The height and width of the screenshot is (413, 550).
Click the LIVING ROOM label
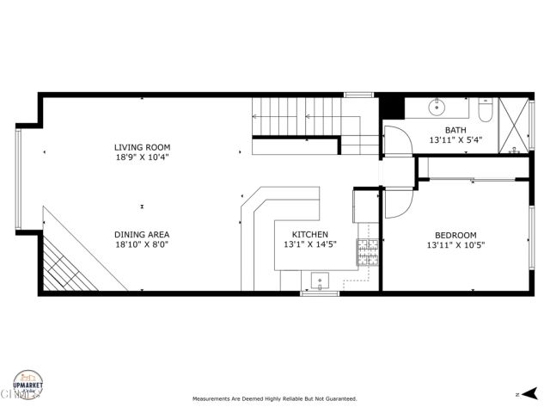pyautogui.click(x=141, y=147)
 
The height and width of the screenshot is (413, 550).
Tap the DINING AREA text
pyautogui.click(x=141, y=234)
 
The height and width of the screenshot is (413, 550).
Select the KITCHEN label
pyautogui.click(x=309, y=234)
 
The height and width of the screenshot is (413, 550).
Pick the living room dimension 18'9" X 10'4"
pyautogui.click(x=141, y=158)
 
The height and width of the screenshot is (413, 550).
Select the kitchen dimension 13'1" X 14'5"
pyautogui.click(x=309, y=245)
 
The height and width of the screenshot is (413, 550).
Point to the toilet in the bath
pyautogui.click(x=485, y=111)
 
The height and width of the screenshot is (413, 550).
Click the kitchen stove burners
pyautogui.click(x=368, y=252)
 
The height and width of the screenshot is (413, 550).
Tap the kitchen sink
pyautogui.click(x=321, y=280)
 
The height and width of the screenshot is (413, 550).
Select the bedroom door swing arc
pyautogui.click(x=396, y=202)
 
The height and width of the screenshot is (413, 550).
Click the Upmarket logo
pyautogui.click(x=28, y=384)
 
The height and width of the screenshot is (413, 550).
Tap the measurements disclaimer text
pyautogui.click(x=274, y=399)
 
